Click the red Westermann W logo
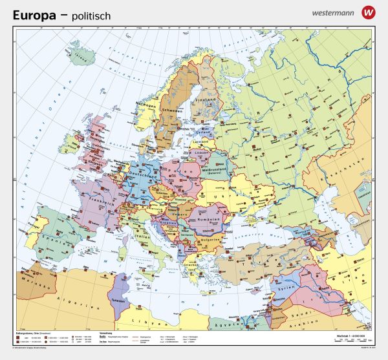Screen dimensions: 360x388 coord(369,12)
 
